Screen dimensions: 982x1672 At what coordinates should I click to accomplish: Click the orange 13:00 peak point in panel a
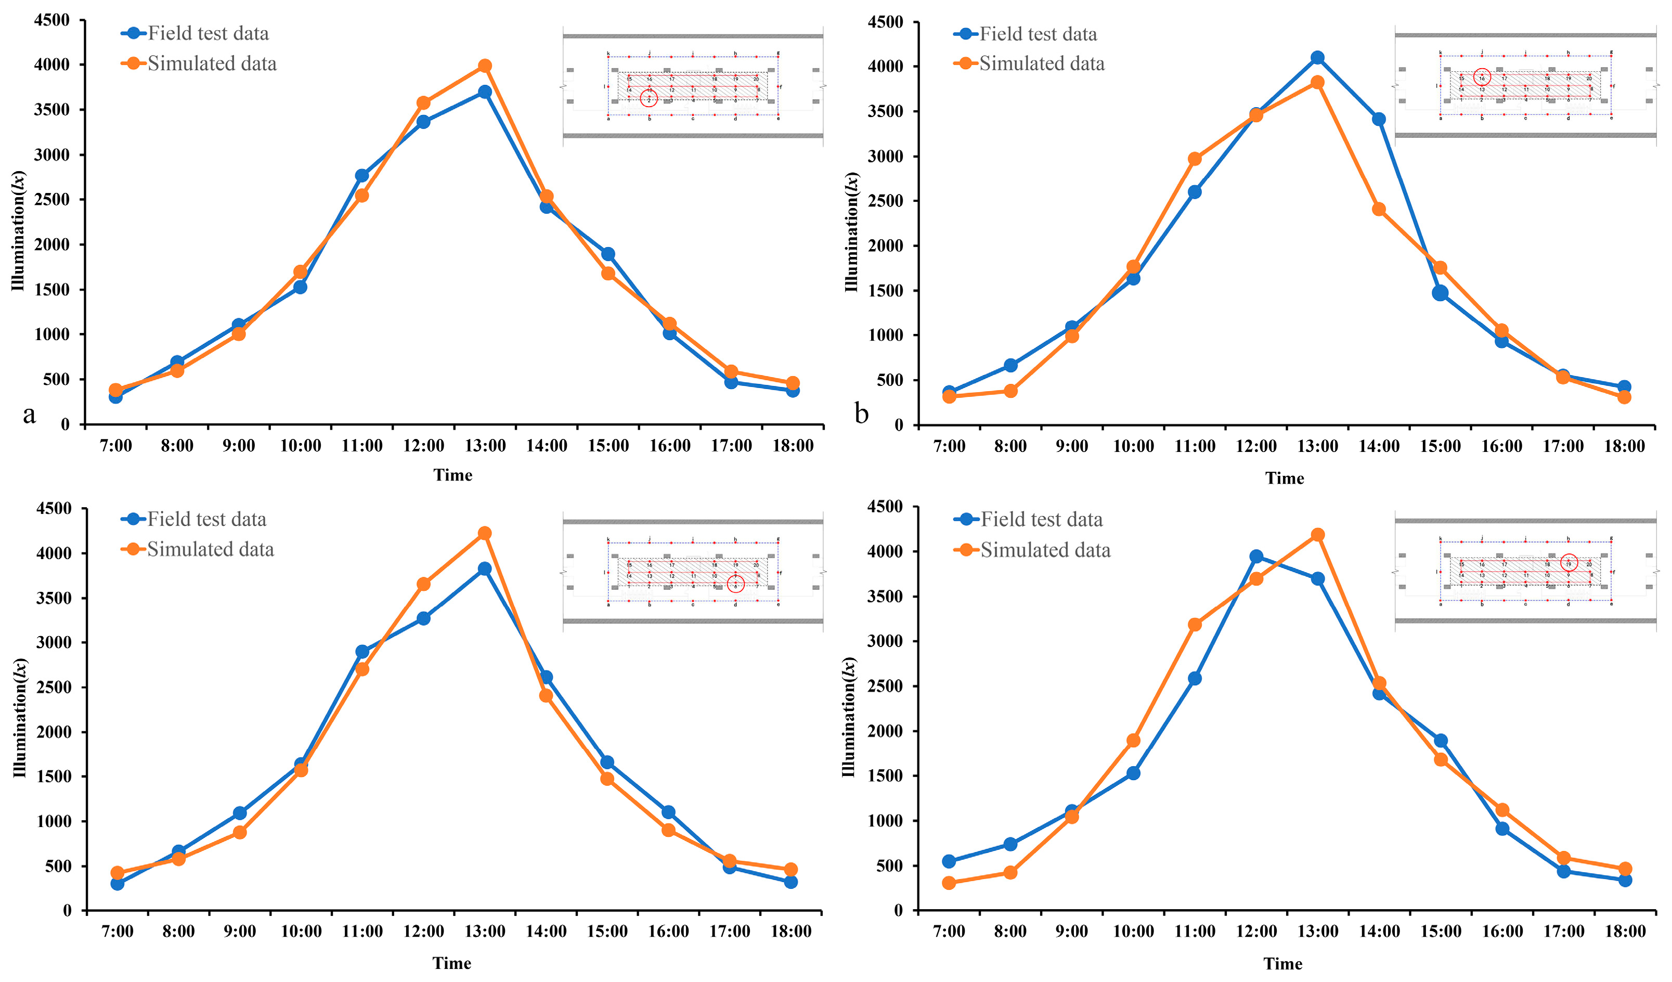[485, 66]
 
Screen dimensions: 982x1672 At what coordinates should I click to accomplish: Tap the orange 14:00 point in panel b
[1379, 209]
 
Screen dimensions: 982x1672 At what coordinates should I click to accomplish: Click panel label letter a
[29, 414]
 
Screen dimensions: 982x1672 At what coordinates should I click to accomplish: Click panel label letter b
[861, 414]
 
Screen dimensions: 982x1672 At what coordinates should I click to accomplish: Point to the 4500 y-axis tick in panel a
[52, 21]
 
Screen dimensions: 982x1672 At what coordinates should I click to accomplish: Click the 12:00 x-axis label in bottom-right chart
[1256, 932]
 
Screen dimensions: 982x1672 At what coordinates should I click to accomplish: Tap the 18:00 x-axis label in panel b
[1624, 446]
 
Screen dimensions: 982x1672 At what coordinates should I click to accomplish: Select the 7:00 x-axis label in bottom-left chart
[118, 932]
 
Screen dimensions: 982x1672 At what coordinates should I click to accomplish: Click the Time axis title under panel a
[452, 475]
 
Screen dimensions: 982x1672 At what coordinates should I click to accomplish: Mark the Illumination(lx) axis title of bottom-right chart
[849, 717]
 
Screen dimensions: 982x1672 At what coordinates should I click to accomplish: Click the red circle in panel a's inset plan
[649, 99]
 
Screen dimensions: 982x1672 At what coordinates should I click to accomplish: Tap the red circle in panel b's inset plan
[1482, 77]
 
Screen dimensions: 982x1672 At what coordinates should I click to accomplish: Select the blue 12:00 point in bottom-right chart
[1256, 557]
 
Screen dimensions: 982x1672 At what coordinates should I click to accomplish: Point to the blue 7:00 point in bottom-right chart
[949, 861]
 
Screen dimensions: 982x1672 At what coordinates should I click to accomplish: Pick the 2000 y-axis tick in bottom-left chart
[53, 732]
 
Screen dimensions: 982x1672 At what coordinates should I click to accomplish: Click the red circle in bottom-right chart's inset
[1569, 563]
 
